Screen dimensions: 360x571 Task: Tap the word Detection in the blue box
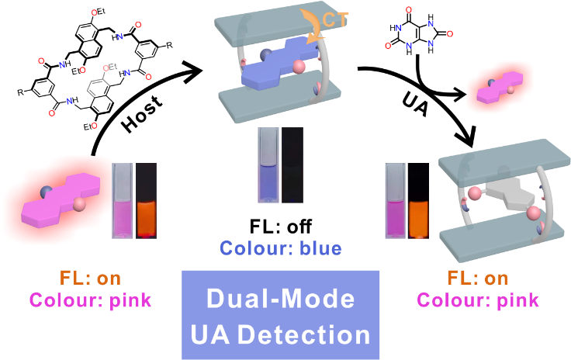click(306, 334)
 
